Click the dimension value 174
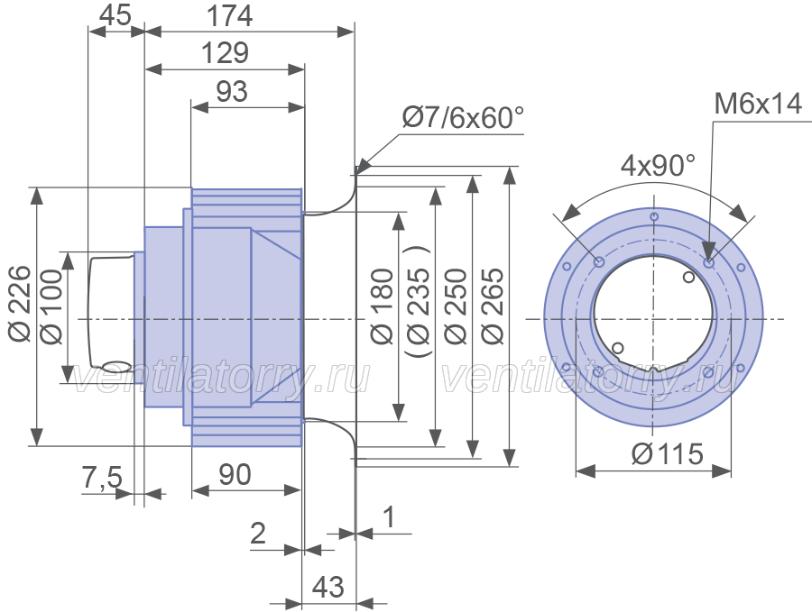229,16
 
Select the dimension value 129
225,53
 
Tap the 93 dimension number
232,92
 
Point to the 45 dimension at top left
115,15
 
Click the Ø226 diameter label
21,303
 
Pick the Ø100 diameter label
51,306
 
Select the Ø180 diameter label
383,306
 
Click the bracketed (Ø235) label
418,300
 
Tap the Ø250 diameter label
457,306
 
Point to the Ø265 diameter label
493,306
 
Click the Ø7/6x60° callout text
463,117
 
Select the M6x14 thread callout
758,104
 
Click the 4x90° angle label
659,166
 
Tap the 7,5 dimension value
102,477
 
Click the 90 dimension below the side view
235,474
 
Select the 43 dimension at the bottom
328,587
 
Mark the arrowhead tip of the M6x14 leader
709,262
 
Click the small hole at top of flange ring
655,216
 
